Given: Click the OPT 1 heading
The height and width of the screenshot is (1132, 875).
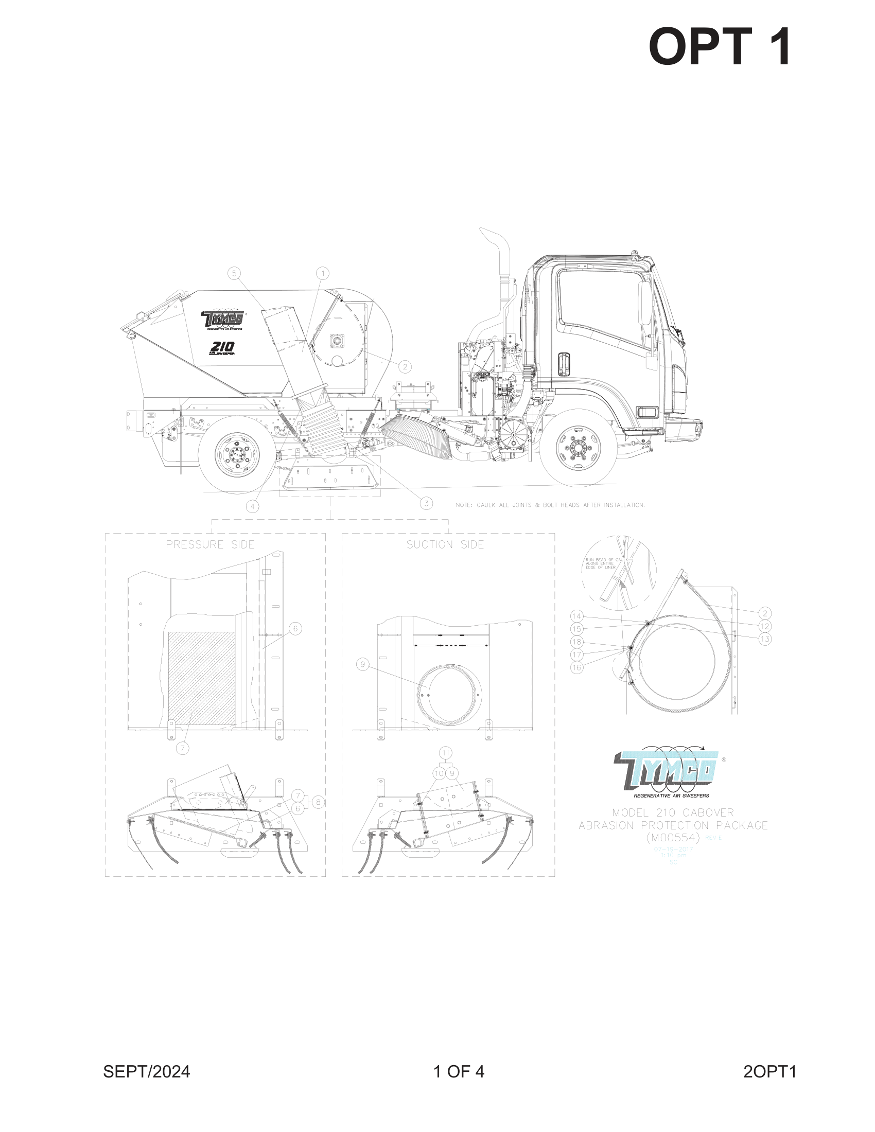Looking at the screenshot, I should tap(720, 47).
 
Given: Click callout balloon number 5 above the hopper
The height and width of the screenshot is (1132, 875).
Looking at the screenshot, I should tap(234, 273).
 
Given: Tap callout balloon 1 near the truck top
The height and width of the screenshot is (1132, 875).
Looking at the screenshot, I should tap(322, 273).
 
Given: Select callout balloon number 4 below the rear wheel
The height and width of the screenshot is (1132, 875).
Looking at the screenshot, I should tap(252, 506).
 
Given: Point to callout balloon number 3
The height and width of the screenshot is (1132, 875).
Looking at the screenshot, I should tap(426, 503).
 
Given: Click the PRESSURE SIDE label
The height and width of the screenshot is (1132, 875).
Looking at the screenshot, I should tap(210, 544).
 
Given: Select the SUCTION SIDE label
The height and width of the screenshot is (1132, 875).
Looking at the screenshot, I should tap(445, 544).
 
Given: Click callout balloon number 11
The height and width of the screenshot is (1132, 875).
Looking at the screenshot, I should tap(446, 753).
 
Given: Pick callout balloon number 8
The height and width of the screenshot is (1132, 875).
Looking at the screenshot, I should tap(318, 802).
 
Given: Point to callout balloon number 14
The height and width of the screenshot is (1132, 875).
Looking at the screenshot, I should tap(577, 616).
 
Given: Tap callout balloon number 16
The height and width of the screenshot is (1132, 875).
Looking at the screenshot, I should tap(577, 667).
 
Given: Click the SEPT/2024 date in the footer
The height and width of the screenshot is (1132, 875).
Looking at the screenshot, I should tap(147, 1071).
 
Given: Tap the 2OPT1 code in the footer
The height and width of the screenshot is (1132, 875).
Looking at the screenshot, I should tap(769, 1071).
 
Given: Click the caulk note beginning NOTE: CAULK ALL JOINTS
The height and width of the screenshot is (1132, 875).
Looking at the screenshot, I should tap(550, 505).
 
